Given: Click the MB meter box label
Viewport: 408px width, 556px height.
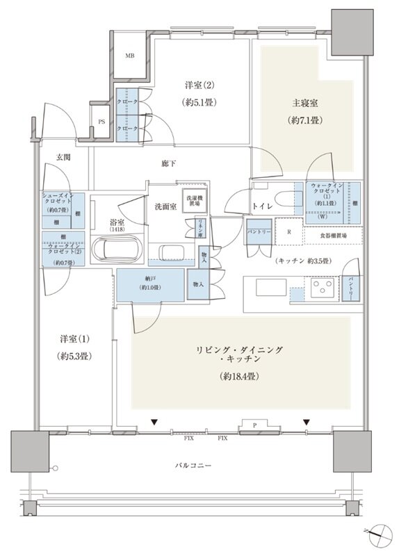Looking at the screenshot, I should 130,56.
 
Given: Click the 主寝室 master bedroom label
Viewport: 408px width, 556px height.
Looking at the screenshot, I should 304,103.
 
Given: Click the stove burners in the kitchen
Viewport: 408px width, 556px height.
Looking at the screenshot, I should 322,287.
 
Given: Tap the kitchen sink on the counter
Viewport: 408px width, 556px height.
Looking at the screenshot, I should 266,286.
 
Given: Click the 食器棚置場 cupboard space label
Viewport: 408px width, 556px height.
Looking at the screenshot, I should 333,236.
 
